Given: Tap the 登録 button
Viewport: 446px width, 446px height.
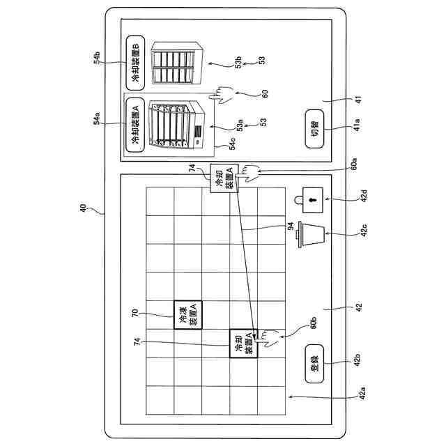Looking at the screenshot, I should [314, 362].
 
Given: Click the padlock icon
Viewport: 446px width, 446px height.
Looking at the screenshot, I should [308, 199].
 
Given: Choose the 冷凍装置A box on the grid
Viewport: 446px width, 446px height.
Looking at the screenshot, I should [187, 314].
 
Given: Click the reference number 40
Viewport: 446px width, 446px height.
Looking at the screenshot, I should [82, 208].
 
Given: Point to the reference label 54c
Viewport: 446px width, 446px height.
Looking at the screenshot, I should [233, 144].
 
